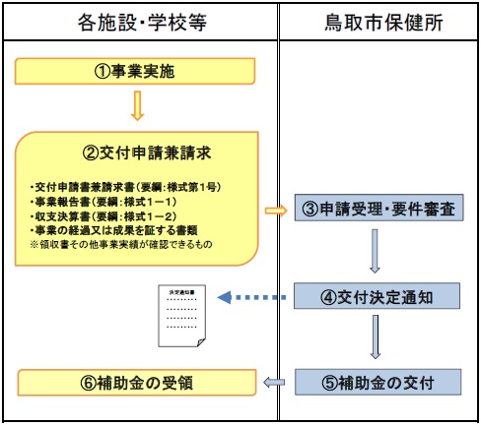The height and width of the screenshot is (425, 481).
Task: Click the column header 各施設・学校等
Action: click(140, 20)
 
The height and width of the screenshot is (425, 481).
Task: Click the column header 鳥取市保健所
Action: click(379, 20)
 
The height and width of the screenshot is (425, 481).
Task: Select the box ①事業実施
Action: click(135, 71)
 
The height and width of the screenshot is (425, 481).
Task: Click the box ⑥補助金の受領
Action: click(135, 381)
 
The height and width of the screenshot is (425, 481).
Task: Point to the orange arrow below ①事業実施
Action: click(137, 104)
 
